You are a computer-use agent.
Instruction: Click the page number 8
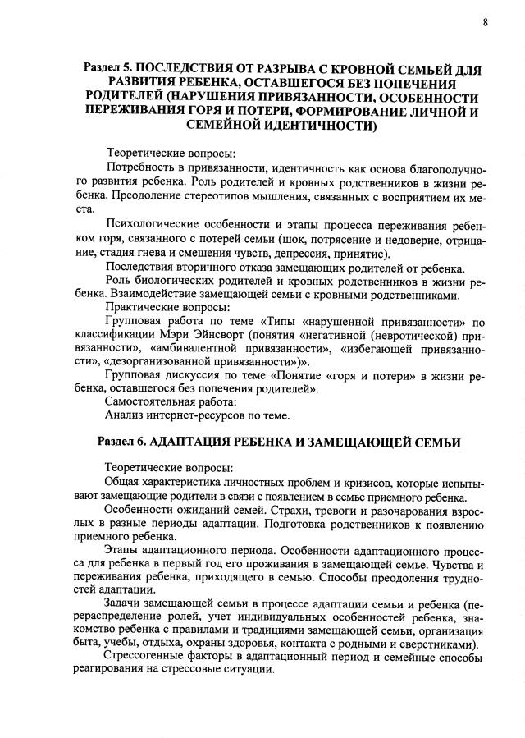(485, 22)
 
